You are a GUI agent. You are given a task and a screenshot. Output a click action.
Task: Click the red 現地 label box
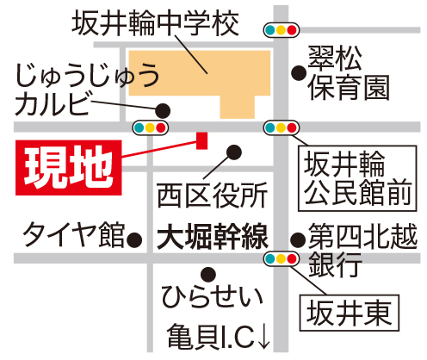69,168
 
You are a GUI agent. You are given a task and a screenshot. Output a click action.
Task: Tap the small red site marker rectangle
201,140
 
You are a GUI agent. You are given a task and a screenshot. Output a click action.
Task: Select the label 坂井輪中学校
155,23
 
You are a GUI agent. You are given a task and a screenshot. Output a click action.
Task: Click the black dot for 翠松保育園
299,73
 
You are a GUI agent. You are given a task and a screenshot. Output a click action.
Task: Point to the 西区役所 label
213,196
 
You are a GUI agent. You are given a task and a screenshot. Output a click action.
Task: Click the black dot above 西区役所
234,152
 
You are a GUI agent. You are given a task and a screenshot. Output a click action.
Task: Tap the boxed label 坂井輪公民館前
357,178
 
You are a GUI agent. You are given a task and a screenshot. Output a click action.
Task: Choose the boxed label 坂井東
350,313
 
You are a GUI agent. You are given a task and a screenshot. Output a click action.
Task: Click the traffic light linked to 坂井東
282,259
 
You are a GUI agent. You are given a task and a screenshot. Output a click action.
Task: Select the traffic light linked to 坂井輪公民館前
282,127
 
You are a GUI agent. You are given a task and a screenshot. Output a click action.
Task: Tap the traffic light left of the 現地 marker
151,127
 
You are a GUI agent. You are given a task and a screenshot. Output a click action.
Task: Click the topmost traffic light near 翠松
282,30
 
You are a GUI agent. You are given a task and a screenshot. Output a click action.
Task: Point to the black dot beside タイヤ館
134,239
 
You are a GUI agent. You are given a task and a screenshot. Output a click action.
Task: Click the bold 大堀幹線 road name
213,237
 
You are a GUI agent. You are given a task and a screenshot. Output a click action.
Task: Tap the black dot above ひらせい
208,275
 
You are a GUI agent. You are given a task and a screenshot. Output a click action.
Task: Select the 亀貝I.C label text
211,337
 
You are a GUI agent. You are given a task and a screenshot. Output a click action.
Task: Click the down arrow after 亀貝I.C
263,337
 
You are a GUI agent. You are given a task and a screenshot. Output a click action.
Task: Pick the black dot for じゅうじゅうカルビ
163,110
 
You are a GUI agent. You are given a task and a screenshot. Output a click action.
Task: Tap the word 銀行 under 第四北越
335,264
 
